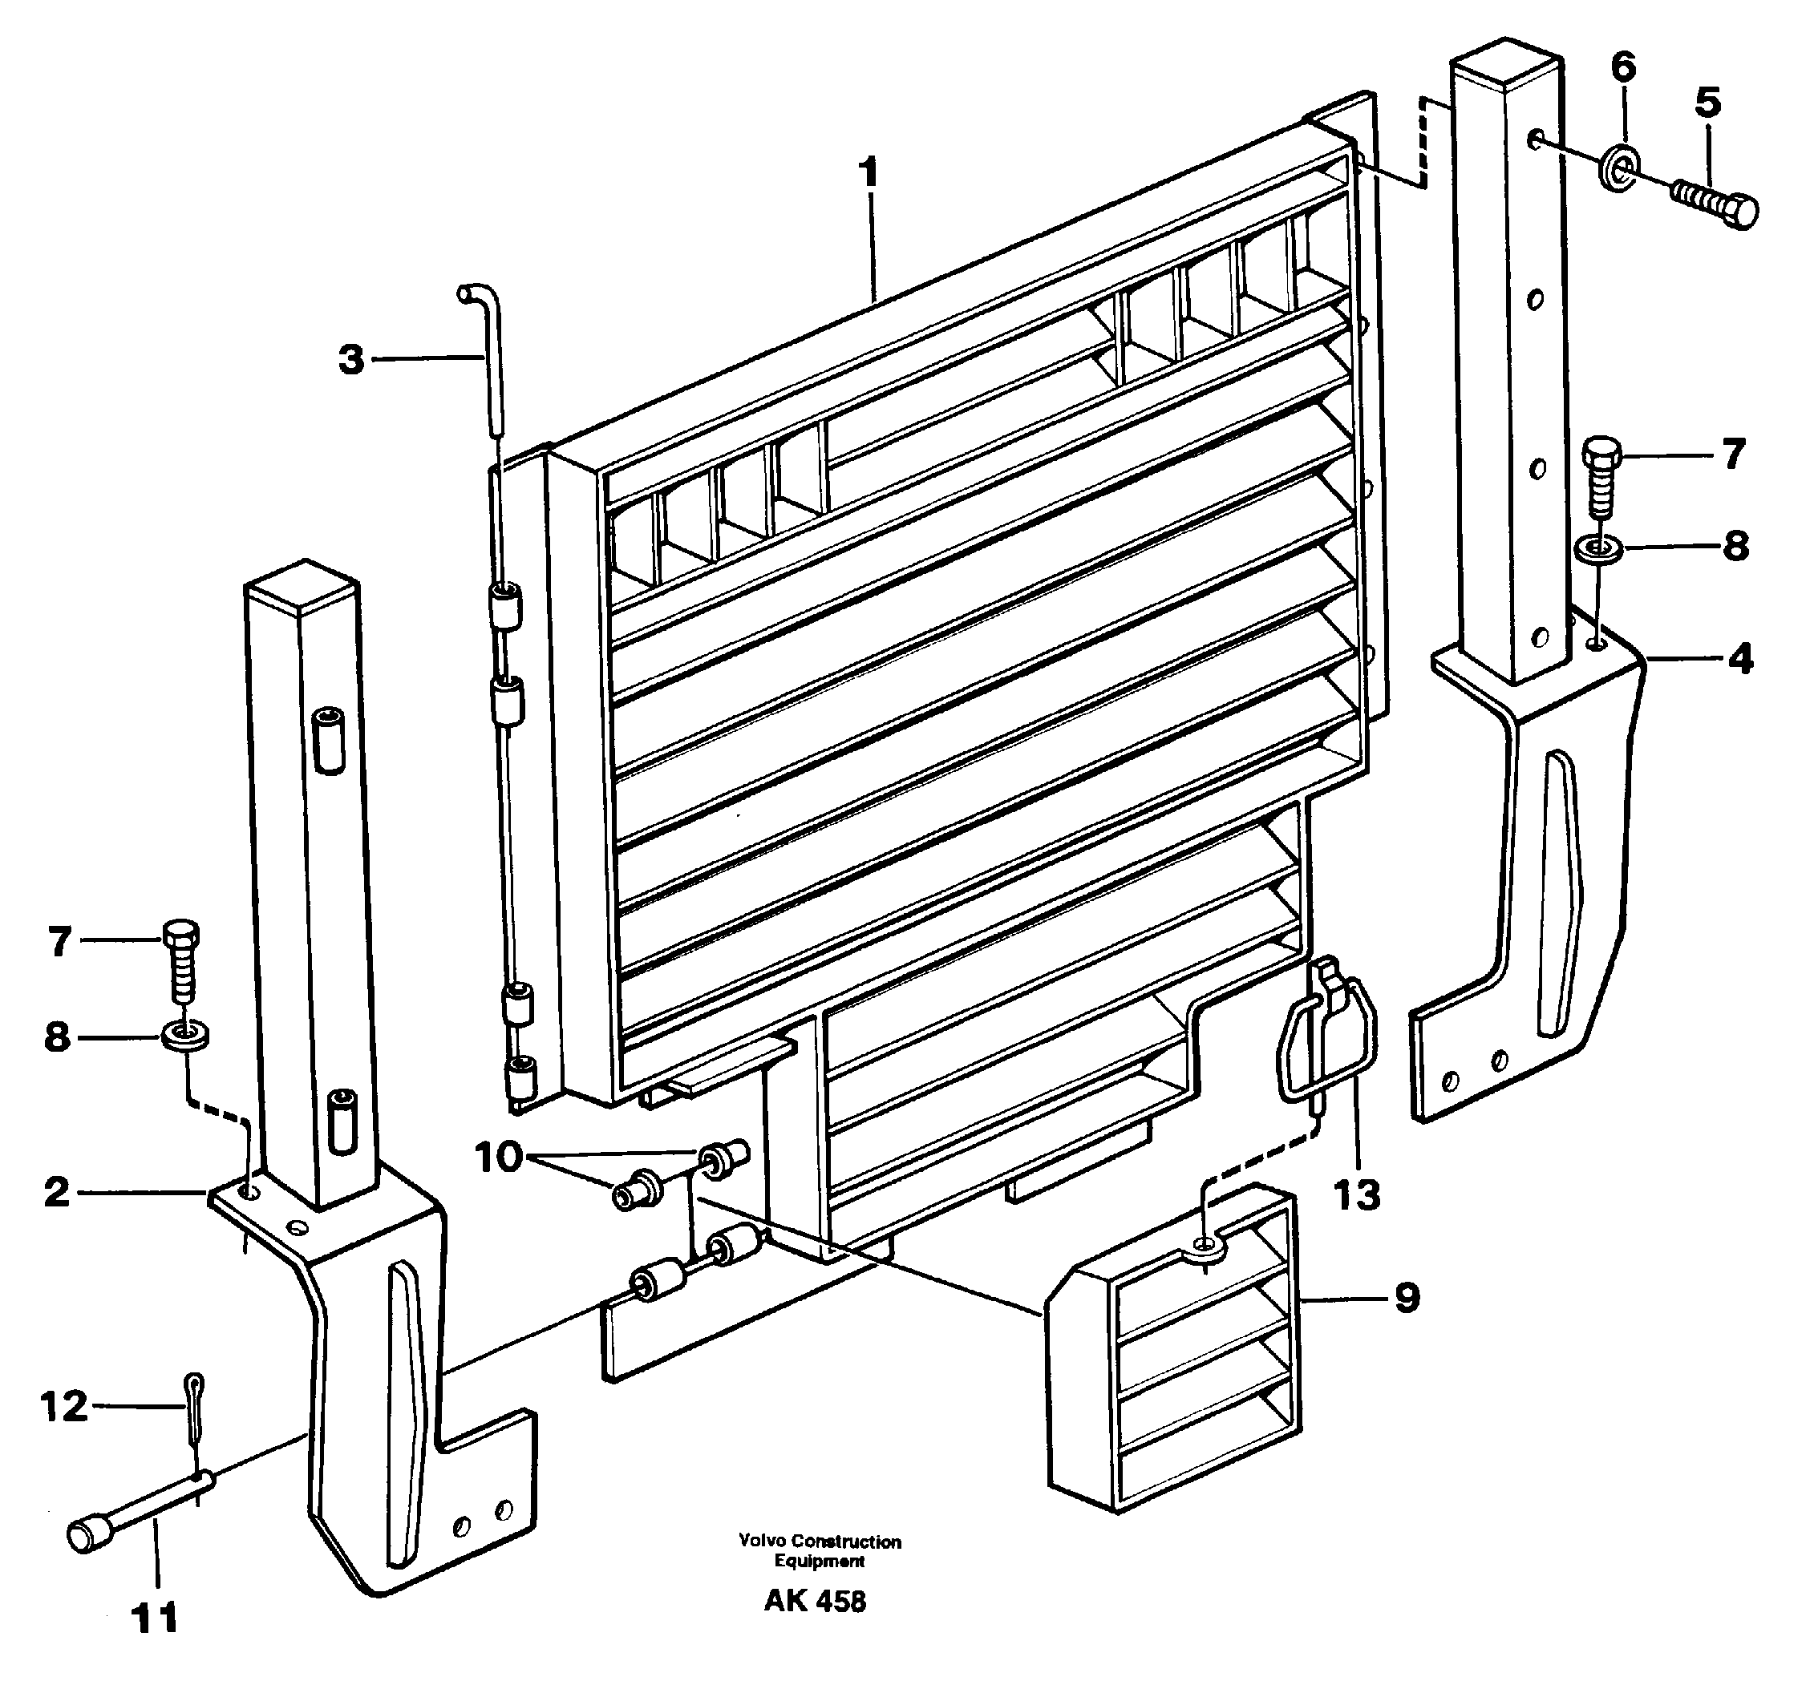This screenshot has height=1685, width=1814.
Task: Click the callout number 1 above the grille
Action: pos(869,173)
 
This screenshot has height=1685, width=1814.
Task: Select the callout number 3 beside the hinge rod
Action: pos(351,360)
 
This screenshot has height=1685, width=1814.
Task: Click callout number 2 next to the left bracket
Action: pos(57,1192)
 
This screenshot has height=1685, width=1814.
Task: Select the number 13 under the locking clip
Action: pos(1356,1194)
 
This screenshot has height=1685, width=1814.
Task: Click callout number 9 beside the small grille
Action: pos(1407,1299)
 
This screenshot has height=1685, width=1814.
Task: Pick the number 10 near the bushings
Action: pos(497,1158)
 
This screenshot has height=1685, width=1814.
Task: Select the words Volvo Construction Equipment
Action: pos(819,1550)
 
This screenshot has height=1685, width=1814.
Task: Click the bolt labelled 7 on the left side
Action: pos(181,960)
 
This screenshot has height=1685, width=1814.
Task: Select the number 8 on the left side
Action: pos(57,1036)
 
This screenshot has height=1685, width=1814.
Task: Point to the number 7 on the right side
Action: pos(1733,453)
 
